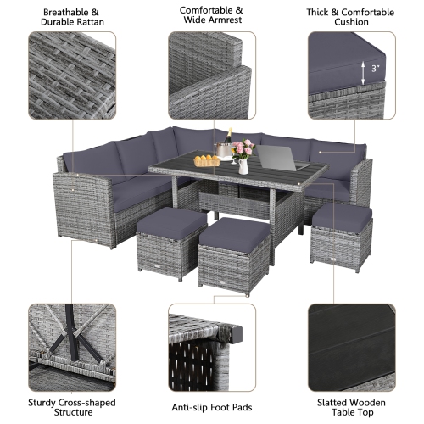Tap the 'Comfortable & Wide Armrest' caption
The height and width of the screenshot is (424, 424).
click(x=212, y=16)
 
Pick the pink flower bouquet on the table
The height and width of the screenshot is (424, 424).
click(x=243, y=149)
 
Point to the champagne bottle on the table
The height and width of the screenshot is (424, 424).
click(x=228, y=141)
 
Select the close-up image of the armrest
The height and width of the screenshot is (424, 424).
click(x=212, y=76)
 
